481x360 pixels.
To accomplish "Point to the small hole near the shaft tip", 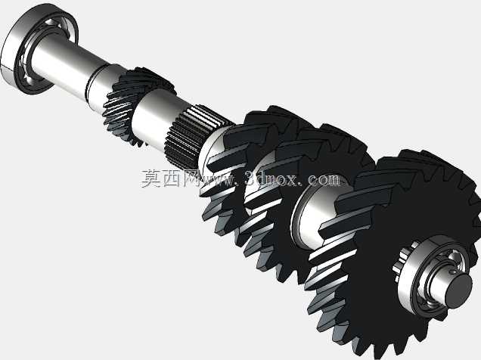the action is click(452, 272).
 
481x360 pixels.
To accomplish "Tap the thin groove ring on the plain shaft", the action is click(89, 81).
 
